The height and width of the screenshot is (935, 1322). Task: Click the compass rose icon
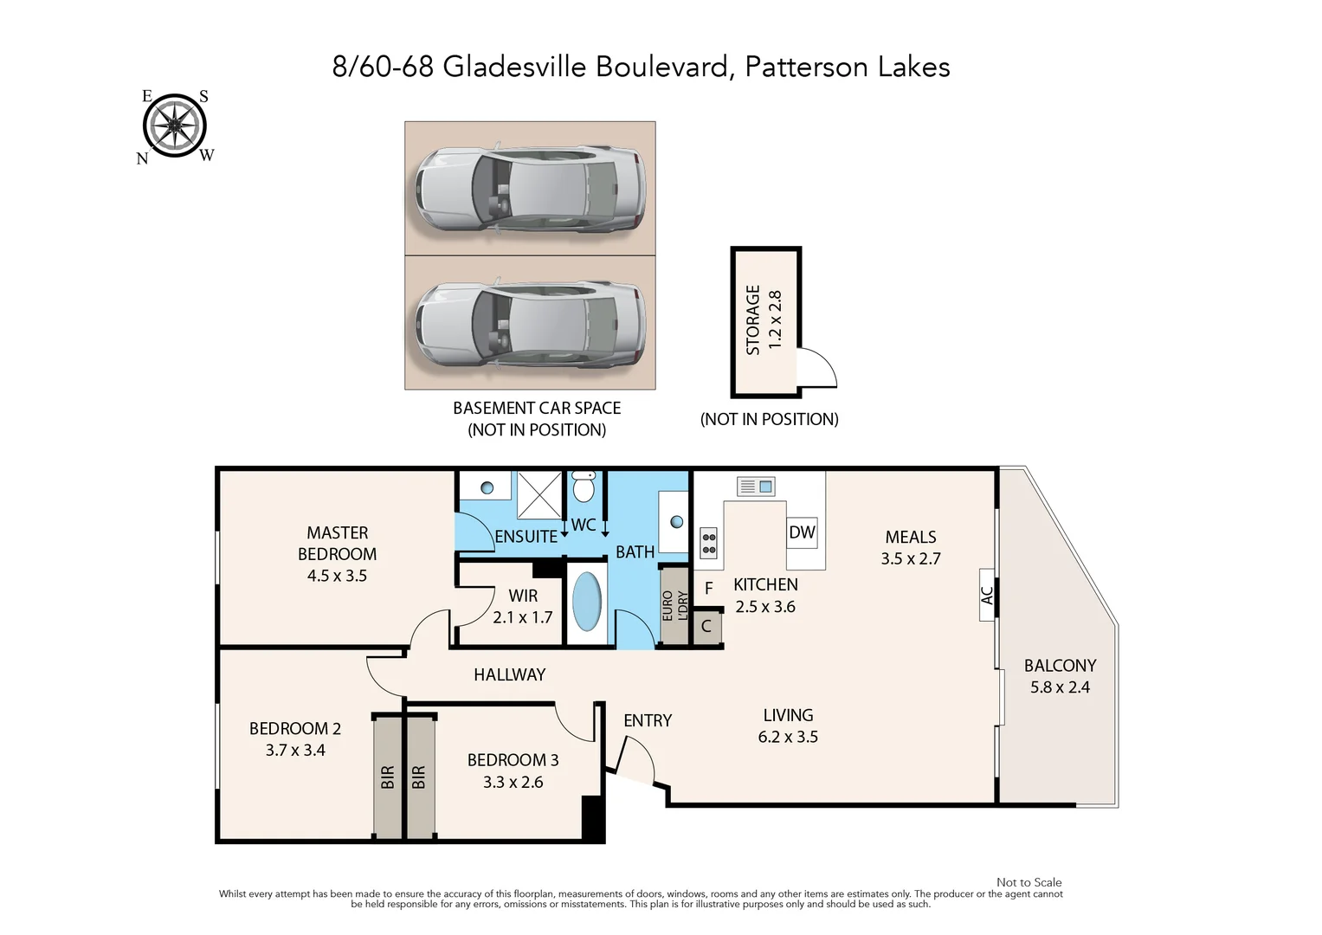point(174,126)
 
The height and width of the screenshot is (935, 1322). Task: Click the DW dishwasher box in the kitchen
point(802,532)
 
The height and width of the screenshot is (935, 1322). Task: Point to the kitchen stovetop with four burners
point(709,542)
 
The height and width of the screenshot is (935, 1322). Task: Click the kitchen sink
point(756,487)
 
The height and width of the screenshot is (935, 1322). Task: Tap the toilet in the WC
point(584,487)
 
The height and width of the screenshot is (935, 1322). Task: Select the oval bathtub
point(588,602)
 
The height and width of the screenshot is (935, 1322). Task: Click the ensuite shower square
point(539,494)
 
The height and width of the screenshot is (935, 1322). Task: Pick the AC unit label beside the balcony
point(986,595)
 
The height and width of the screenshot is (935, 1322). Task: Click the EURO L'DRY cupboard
point(674,605)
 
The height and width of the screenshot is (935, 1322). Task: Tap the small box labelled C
point(706,626)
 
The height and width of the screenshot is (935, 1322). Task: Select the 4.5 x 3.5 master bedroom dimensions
point(337,576)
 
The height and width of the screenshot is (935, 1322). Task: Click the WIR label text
point(523,596)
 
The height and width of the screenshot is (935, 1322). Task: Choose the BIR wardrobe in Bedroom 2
point(388,777)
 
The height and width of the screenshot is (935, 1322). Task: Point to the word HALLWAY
point(509,674)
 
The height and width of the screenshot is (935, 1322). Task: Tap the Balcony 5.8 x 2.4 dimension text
point(1060,687)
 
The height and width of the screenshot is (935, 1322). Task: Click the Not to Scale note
point(1029,882)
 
